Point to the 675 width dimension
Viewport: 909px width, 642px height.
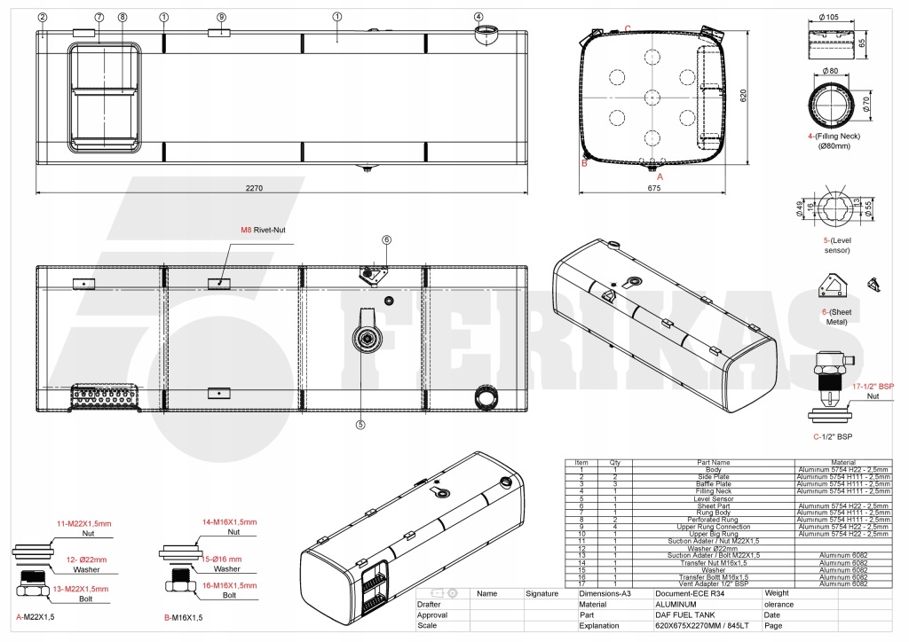click(653, 188)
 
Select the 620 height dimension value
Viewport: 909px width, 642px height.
click(745, 93)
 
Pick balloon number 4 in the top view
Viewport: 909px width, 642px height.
click(478, 16)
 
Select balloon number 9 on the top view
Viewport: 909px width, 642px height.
click(221, 16)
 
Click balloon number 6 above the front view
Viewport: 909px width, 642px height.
click(387, 239)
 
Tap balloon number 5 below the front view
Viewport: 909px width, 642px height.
click(360, 424)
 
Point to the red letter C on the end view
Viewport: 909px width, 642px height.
click(628, 28)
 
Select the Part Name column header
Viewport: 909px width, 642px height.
click(713, 462)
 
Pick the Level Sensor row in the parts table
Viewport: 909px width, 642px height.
click(713, 499)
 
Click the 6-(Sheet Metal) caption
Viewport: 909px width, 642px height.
click(835, 316)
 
